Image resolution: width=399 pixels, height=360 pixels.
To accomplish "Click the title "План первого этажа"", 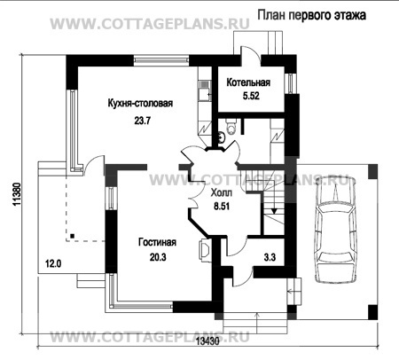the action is (311, 15).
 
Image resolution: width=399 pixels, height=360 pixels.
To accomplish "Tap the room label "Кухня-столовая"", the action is (140, 104).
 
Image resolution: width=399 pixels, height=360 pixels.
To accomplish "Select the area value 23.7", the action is (143, 121).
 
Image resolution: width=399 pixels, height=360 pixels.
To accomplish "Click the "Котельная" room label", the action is (248, 82).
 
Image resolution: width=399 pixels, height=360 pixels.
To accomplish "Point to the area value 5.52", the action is (251, 96).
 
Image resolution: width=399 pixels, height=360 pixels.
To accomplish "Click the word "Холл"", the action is (222, 193).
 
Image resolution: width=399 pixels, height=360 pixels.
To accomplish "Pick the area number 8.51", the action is (222, 207).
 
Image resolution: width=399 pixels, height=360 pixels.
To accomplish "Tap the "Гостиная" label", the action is (157, 242).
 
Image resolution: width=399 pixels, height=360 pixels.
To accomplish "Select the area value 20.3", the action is (158, 257).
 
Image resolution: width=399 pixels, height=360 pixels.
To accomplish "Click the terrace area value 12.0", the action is (53, 263).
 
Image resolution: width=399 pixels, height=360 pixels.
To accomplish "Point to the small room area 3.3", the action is (270, 257).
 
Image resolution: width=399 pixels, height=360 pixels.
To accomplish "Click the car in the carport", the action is (335, 230).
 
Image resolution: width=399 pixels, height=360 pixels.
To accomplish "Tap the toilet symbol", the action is (231, 126).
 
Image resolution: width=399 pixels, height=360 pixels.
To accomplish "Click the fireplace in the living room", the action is (206, 250).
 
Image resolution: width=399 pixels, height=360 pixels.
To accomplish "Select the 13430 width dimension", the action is (207, 341).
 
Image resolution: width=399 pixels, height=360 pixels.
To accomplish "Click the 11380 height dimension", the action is (17, 194).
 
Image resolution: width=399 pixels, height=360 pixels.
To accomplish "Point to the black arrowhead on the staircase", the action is (274, 211).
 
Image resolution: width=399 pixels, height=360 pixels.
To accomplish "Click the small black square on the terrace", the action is (72, 236).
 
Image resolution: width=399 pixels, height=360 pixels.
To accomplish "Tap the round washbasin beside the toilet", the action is (222, 137).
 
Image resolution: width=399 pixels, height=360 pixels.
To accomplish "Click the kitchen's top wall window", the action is (161, 60).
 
